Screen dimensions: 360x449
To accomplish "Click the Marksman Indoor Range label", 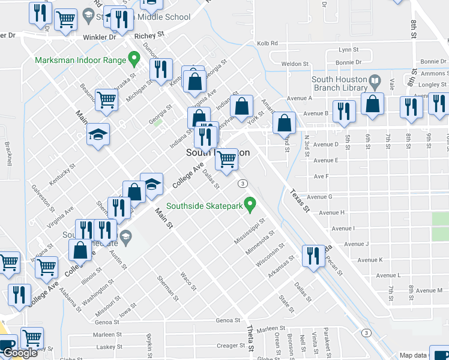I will pos(80,60).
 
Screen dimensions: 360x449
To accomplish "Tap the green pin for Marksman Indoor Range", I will pos(134,59).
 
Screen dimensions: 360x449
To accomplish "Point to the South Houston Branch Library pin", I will pos(375,80).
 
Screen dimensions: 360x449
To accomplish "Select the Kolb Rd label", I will pos(267,43).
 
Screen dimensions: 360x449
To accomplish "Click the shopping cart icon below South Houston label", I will pos(226,159).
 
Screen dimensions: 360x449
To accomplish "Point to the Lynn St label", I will pos(348,50).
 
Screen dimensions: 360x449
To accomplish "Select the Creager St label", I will pos(228,345).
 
